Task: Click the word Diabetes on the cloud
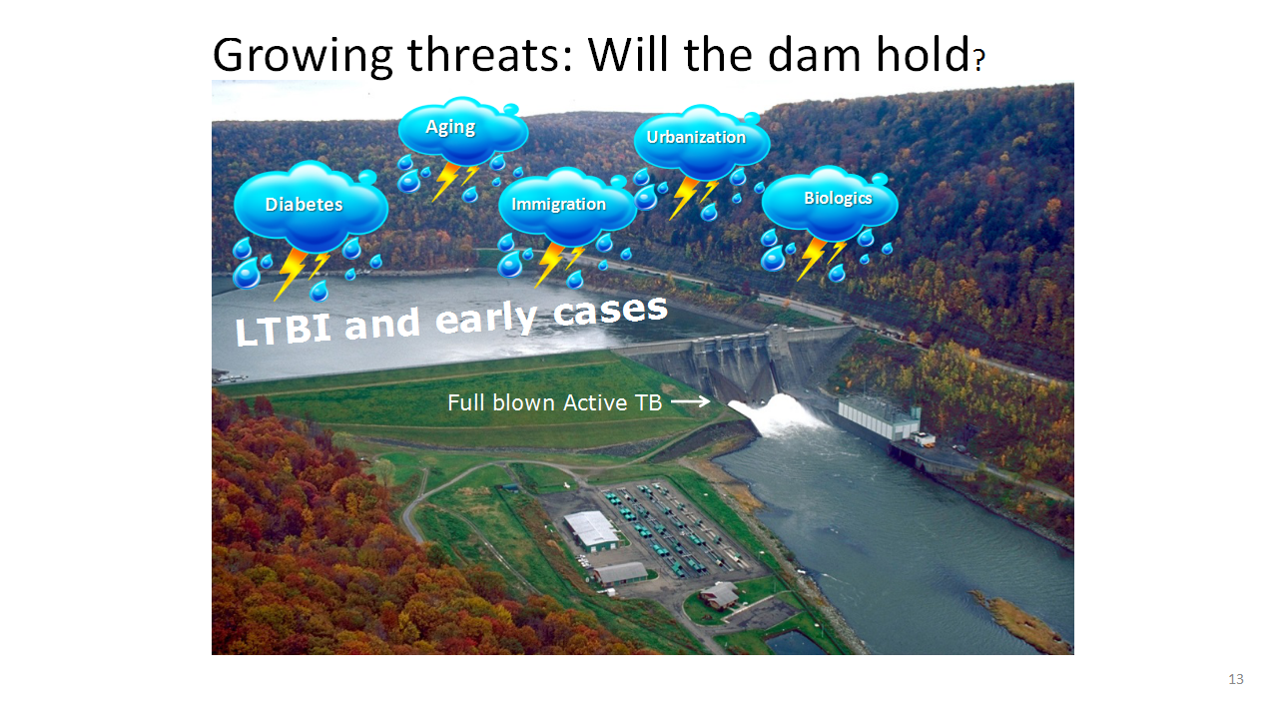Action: tap(304, 205)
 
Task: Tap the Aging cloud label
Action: tap(450, 127)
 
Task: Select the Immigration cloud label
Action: tap(558, 204)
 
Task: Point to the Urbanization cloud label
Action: tap(696, 137)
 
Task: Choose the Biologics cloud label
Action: tap(838, 198)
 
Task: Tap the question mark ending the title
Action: tap(979, 60)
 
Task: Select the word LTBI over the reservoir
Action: tap(283, 330)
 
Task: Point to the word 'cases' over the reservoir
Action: tap(610, 309)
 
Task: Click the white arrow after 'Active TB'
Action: tap(690, 401)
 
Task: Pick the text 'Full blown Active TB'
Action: tap(554, 402)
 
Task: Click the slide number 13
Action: tap(1236, 679)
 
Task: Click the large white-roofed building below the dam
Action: tap(591, 530)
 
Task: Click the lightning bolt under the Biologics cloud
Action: tap(820, 258)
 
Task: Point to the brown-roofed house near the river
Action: tap(719, 595)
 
